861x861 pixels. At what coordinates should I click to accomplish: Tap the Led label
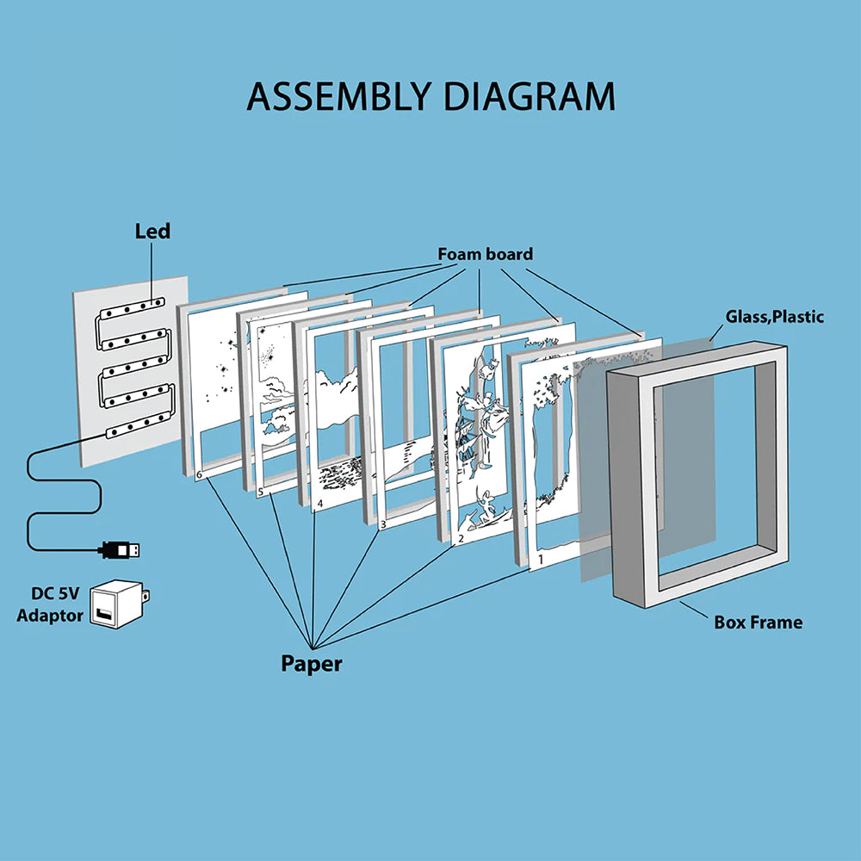tap(152, 231)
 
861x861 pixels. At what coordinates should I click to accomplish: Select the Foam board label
tap(485, 254)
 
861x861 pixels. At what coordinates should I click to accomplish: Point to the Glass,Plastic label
tap(774, 317)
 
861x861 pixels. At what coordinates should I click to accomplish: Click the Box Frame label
tap(758, 622)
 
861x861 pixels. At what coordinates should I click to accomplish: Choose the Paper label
tap(311, 664)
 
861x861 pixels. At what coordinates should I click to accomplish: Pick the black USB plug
tap(121, 548)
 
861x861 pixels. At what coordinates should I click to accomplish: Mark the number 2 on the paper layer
tap(461, 539)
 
